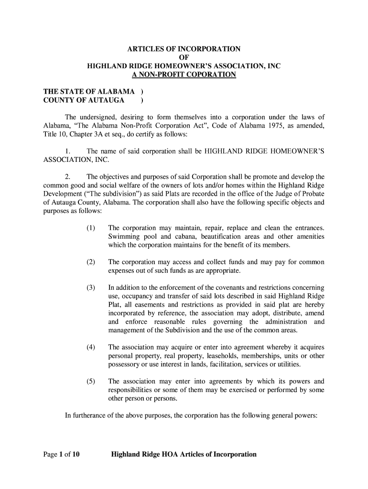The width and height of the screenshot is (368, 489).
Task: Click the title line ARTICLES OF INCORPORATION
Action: (x=184, y=49)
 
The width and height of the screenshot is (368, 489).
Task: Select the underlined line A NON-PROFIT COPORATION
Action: (x=184, y=75)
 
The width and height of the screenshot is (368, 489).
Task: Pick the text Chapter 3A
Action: (x=80, y=134)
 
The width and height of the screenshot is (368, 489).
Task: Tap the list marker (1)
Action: (x=91, y=228)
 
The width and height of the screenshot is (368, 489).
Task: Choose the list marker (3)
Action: (x=91, y=288)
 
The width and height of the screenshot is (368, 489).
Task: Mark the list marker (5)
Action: (x=91, y=382)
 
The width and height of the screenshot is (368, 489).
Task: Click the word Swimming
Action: (x=123, y=236)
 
